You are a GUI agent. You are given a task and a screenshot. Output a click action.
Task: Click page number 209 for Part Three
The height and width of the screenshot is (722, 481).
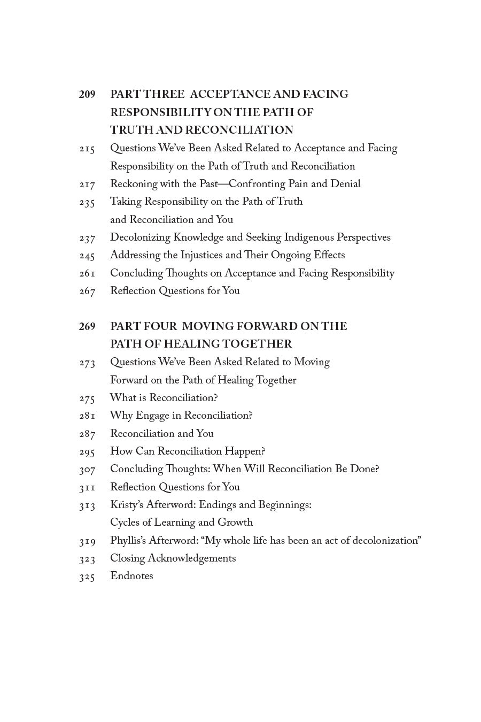[87, 95]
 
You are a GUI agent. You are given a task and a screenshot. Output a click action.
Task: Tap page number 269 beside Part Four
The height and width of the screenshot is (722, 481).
[87, 326]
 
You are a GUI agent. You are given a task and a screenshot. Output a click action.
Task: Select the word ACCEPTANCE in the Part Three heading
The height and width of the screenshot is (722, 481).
[230, 95]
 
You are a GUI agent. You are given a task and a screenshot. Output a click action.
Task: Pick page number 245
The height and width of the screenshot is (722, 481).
[87, 256]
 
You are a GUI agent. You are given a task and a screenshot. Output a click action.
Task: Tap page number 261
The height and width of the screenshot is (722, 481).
[87, 273]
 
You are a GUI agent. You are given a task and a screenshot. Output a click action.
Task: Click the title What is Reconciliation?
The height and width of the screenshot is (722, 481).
[164, 398]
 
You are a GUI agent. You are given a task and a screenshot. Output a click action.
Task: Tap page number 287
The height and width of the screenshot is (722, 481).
[87, 434]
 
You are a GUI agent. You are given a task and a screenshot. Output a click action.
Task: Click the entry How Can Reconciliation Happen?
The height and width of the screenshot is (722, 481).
[188, 451]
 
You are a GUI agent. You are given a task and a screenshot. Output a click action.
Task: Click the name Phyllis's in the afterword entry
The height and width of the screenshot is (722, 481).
[128, 541]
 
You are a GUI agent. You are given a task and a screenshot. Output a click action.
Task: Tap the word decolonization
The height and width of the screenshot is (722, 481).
[384, 541]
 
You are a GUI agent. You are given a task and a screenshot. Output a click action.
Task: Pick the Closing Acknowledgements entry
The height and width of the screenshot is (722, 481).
[173, 558]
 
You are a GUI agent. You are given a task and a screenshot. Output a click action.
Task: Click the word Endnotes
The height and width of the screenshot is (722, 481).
[131, 576]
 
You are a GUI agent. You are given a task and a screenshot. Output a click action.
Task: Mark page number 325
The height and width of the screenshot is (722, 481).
[87, 577]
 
